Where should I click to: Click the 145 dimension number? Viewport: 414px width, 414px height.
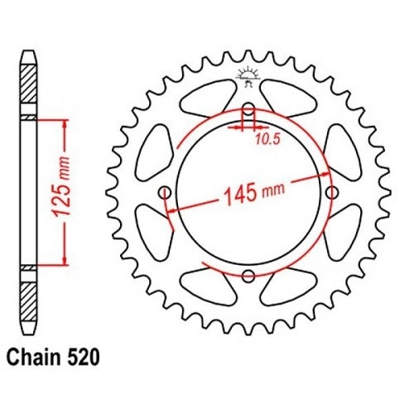[x=239, y=195]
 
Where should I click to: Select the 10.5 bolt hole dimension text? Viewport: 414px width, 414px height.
[x=267, y=140]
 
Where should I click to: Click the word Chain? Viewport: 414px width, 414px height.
[x=33, y=357]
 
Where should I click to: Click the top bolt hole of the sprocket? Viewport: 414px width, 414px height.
[x=249, y=109]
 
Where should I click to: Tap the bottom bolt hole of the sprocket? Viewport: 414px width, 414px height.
[x=248, y=276]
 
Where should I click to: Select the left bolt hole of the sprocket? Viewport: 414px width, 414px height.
[x=166, y=192]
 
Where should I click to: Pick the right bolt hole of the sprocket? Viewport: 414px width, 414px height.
[x=332, y=192]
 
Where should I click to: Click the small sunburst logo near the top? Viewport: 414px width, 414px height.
[x=248, y=76]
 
